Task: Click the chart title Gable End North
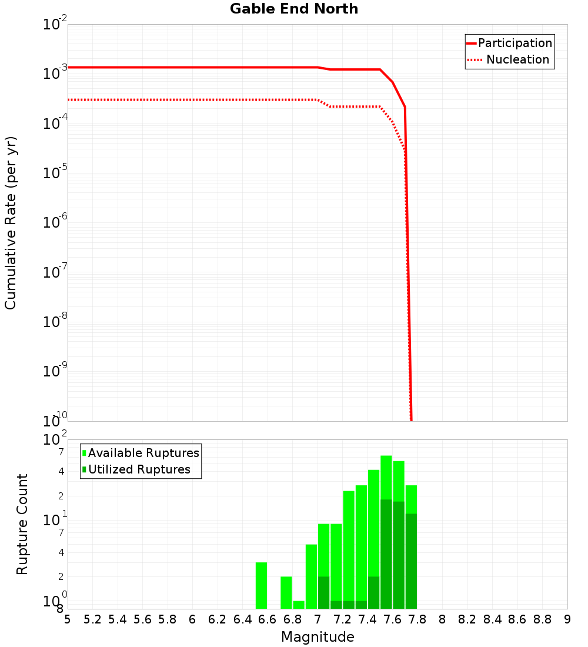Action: click(294, 9)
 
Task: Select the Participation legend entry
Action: click(515, 43)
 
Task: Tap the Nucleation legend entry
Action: click(517, 59)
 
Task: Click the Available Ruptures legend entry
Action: click(143, 453)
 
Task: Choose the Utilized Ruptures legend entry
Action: click(139, 469)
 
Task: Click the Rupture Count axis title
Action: click(22, 524)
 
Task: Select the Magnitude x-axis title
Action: click(318, 637)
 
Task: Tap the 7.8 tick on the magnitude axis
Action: click(442, 619)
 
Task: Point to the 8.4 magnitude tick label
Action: click(517, 619)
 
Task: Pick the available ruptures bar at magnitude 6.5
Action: click(262, 585)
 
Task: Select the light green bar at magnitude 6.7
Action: click(286, 592)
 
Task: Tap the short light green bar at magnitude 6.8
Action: click(299, 605)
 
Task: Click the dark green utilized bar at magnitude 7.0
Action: click(323, 592)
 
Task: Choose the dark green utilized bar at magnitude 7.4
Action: click(374, 592)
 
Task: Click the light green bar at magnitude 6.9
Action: click(311, 576)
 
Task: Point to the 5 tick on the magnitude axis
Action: click(68, 619)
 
